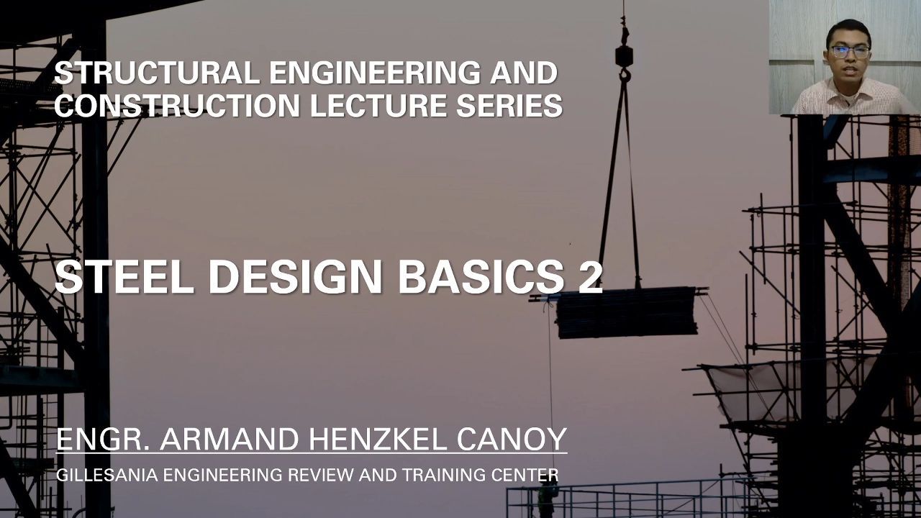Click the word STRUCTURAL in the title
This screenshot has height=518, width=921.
click(x=157, y=73)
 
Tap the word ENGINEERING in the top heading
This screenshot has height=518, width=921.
click(x=375, y=73)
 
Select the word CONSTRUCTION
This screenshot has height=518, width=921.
click(x=177, y=105)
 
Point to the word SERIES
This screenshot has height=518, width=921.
click(x=509, y=105)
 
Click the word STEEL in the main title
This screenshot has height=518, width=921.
click(x=124, y=277)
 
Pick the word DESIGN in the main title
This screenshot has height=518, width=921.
click(x=296, y=277)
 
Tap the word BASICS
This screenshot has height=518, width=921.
click(x=481, y=277)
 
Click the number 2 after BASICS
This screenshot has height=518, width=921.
click(x=591, y=277)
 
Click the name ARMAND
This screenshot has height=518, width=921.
click(x=230, y=439)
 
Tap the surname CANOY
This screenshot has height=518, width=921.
click(x=512, y=439)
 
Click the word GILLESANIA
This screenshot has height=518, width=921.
click(x=107, y=475)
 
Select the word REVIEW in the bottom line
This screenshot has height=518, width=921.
click(x=320, y=475)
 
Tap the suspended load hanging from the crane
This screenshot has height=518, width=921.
click(x=627, y=312)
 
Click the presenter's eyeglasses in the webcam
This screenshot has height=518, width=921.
click(x=850, y=53)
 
